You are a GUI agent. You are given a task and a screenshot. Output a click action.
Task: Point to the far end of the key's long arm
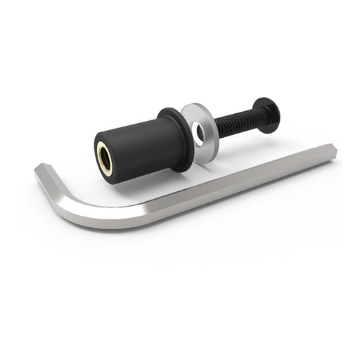tap(330, 150)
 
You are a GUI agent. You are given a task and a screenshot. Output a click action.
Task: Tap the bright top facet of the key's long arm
tap(232, 176)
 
